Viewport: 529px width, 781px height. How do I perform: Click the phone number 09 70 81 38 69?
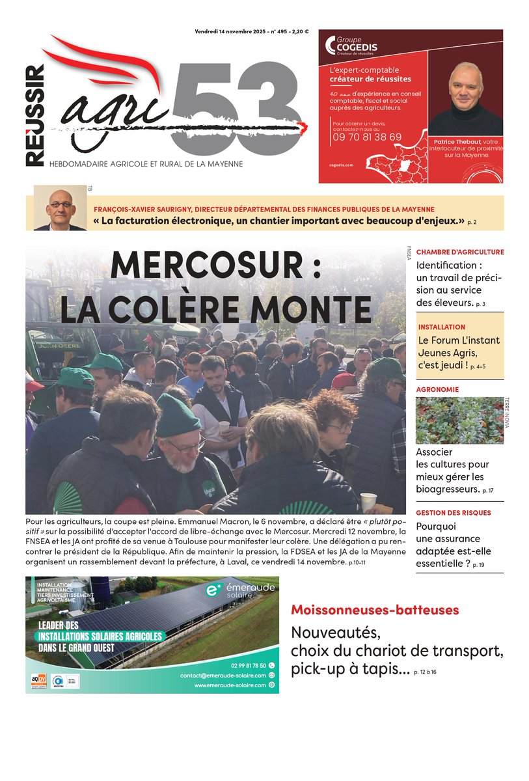366,137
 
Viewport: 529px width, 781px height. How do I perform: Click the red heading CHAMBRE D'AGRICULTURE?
459,252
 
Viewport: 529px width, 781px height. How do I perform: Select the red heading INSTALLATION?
442,327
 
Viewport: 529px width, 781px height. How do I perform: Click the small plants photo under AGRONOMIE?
459,420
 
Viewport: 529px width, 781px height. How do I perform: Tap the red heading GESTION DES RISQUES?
454,513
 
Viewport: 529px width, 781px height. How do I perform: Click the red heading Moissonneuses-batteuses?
375,610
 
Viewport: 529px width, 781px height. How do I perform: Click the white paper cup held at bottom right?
369,501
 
